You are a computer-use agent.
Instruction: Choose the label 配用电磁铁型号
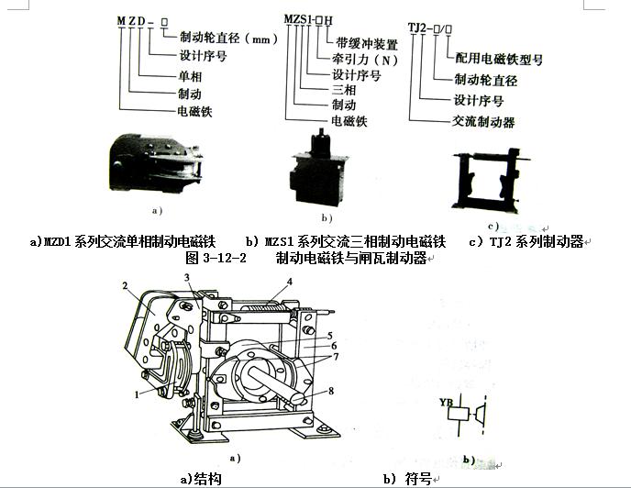tap(500, 58)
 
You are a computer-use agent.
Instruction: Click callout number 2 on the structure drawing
tap(123, 287)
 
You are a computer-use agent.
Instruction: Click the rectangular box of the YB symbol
tap(461, 414)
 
